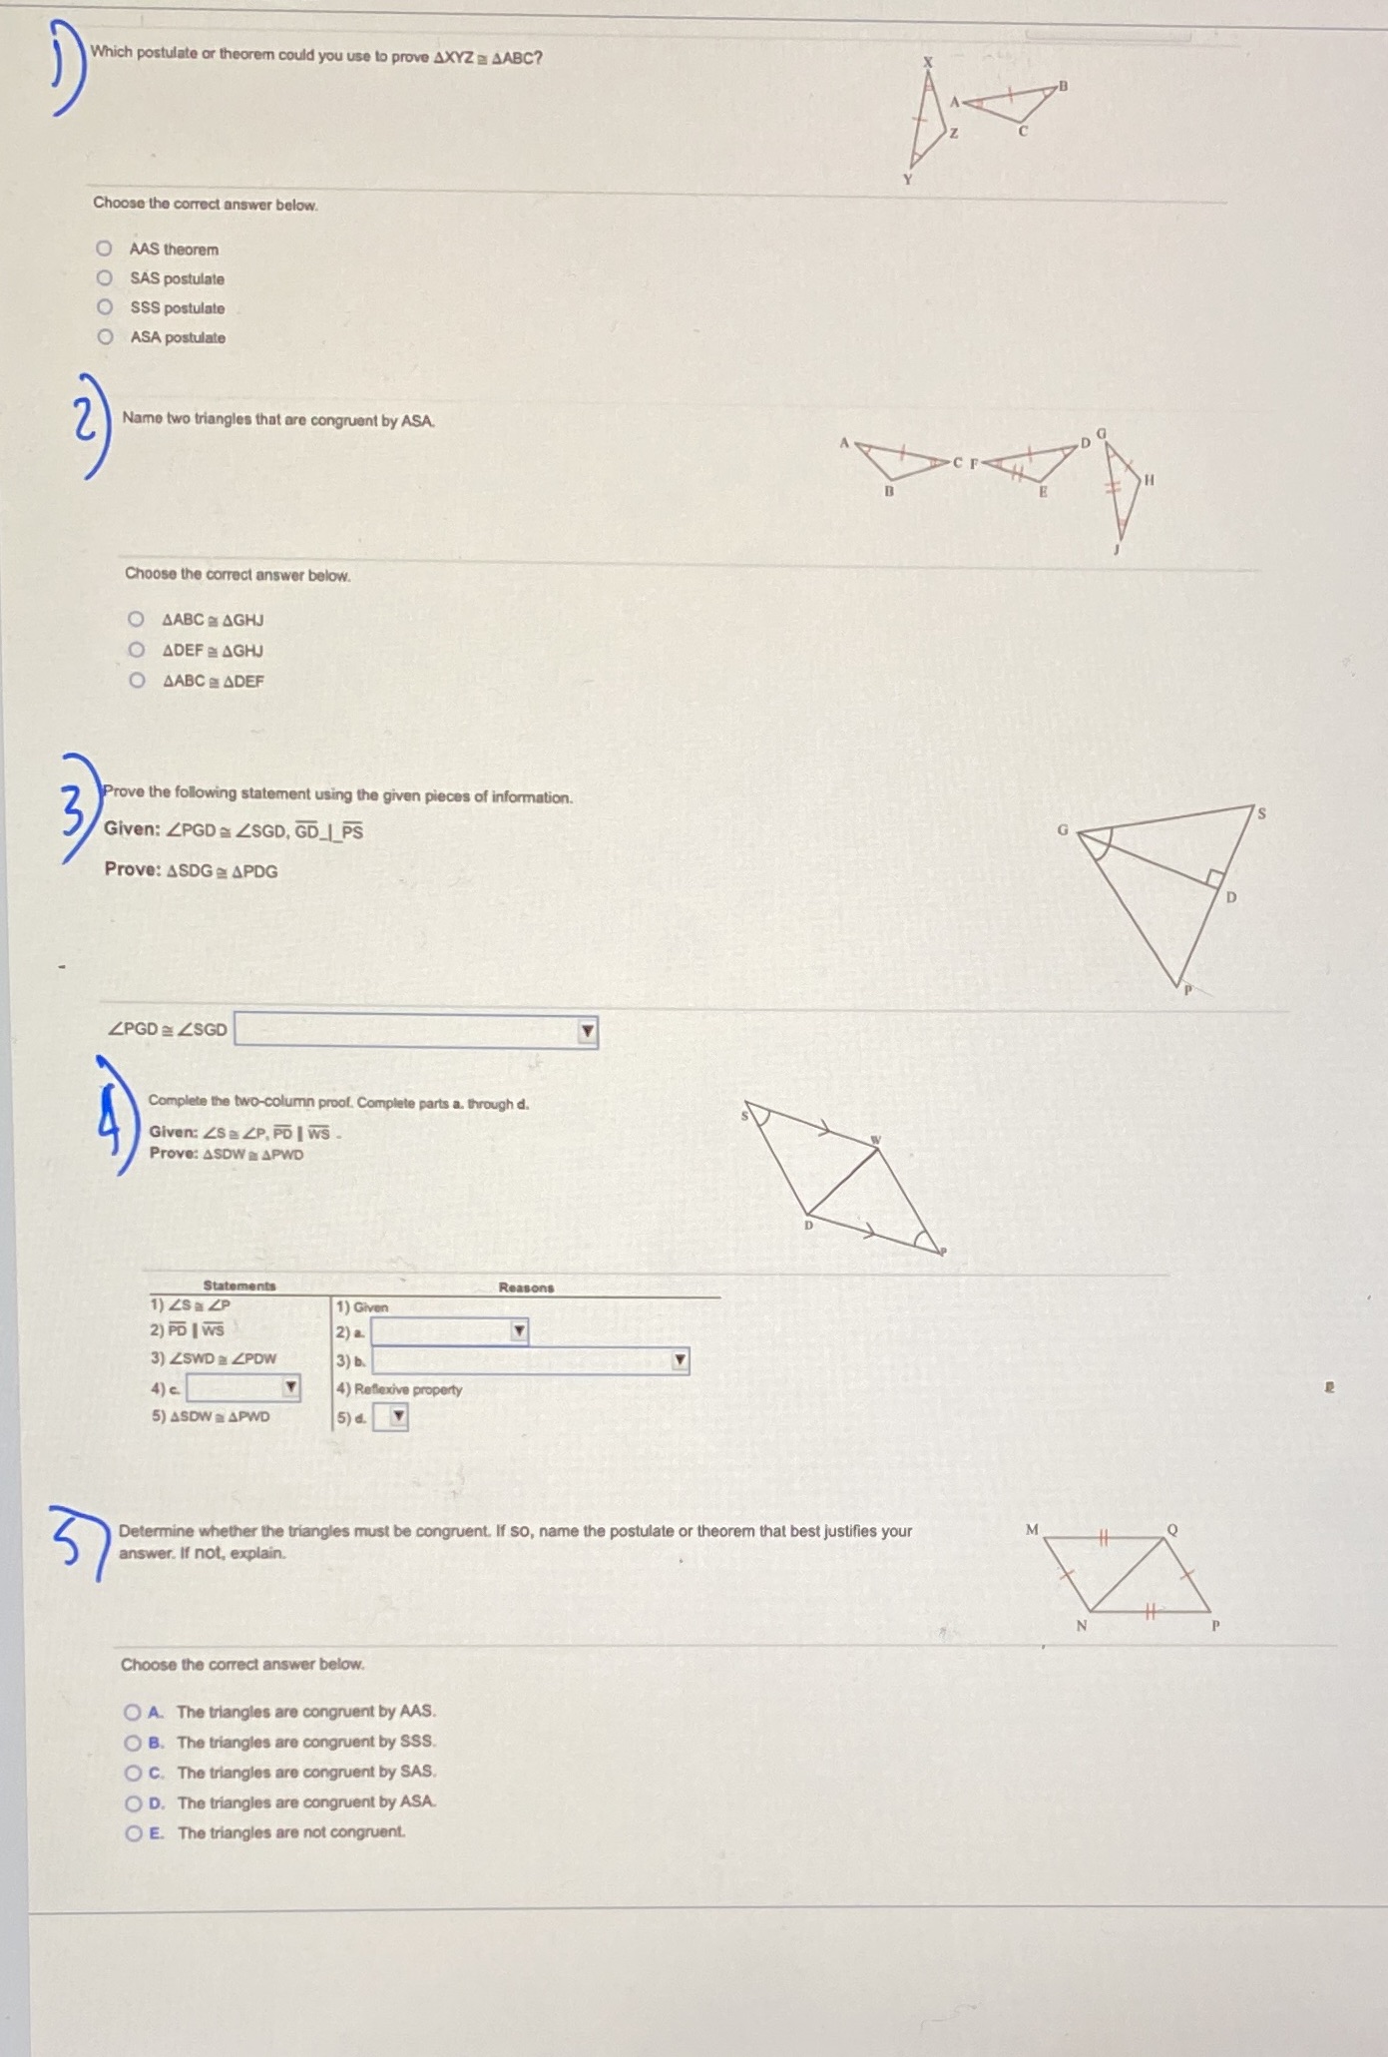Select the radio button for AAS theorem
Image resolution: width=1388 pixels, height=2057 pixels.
(x=104, y=248)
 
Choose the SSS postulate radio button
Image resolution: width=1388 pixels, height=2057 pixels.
(x=104, y=306)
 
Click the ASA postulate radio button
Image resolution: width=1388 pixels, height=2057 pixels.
(x=105, y=336)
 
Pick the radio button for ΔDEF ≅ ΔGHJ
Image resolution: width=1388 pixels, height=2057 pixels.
(x=136, y=650)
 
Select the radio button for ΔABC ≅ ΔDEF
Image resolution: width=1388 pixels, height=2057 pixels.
(x=137, y=681)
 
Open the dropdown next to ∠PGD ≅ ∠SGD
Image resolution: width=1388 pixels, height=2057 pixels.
(x=588, y=1031)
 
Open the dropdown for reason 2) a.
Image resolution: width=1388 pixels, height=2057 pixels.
(x=518, y=1330)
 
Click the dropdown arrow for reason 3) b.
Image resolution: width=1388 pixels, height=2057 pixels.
(x=680, y=1360)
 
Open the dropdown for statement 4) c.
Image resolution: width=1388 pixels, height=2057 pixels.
(x=289, y=1387)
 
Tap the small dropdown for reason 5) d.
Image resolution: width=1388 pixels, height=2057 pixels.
(x=397, y=1416)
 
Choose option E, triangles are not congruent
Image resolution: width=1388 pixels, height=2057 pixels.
(x=133, y=1832)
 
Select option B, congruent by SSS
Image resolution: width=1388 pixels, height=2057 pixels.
(x=133, y=1742)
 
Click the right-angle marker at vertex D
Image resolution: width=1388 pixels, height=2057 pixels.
(x=1214, y=877)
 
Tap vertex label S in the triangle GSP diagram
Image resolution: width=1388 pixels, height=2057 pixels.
(x=1261, y=813)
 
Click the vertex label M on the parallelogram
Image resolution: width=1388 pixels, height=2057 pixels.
(x=1032, y=1529)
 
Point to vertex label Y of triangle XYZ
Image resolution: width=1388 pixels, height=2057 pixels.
(x=907, y=181)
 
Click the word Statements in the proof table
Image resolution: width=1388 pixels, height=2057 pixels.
(x=239, y=1286)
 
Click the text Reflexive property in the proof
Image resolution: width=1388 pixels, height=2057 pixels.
(x=407, y=1389)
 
